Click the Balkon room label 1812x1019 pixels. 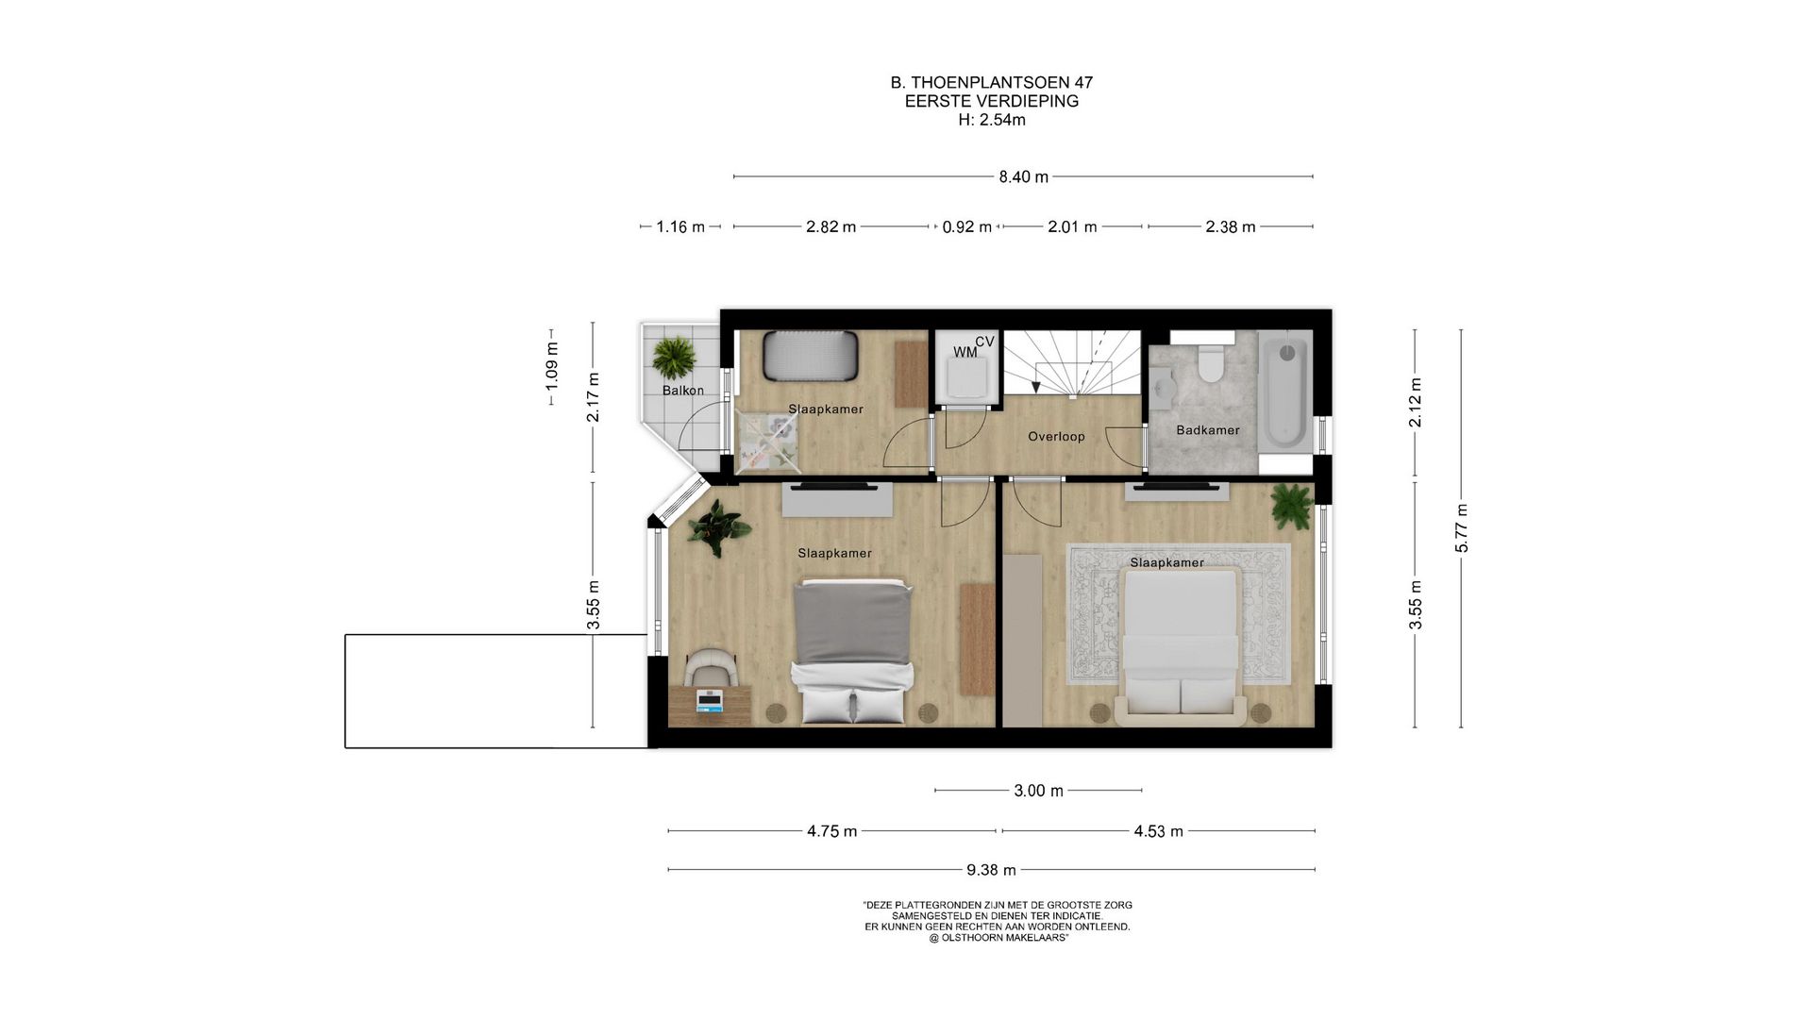coord(682,391)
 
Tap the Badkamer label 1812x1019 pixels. coord(1208,430)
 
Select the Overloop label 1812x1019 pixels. coord(1056,437)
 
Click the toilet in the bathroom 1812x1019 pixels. coord(1209,362)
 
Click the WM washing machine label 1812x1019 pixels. coord(965,352)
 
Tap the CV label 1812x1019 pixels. coord(985,342)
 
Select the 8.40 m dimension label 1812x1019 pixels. coord(1024,176)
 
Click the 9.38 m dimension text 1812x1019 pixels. coord(991,869)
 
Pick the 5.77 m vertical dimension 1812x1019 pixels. coord(1461,528)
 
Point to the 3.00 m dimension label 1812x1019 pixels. coord(1038,791)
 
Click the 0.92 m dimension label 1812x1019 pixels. coord(966,226)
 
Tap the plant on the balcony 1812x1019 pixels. coord(674,358)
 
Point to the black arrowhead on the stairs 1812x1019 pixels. coord(1036,386)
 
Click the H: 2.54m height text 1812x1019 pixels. coord(991,120)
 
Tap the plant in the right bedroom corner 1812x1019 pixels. coord(1291,507)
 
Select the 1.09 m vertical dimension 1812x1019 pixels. coord(552,366)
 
